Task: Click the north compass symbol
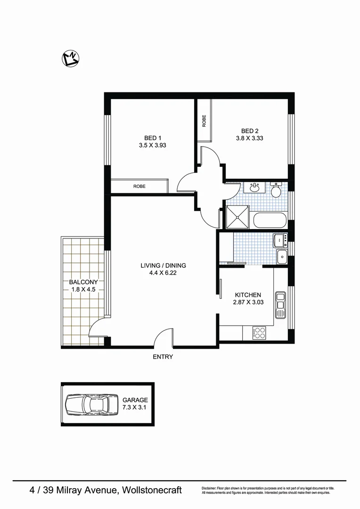click(x=71, y=58)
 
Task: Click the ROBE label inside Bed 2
click(x=204, y=121)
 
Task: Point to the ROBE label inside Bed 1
click(x=139, y=186)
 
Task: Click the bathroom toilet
click(x=276, y=191)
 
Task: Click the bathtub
click(x=269, y=220)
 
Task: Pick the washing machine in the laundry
click(x=281, y=240)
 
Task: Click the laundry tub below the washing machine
click(x=282, y=257)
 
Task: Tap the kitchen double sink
click(x=281, y=304)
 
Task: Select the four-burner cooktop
click(x=260, y=333)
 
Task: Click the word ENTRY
click(x=163, y=357)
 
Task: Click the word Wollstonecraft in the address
click(x=152, y=491)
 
